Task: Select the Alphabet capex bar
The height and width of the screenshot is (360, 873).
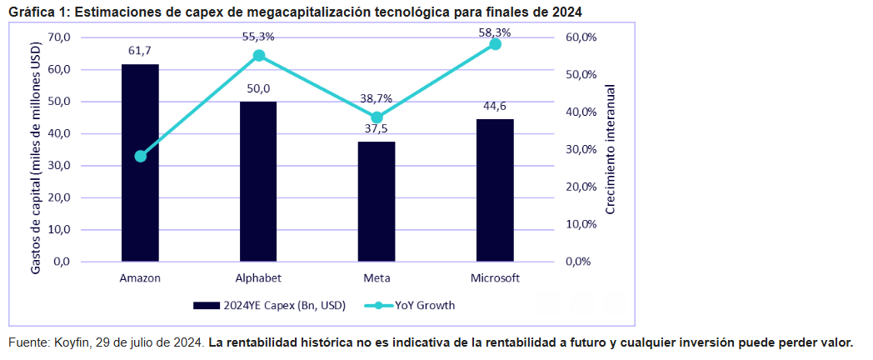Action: [x=258, y=182]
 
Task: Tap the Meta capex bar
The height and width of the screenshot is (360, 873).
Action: [x=377, y=202]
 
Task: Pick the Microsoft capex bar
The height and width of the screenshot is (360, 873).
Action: [x=495, y=190]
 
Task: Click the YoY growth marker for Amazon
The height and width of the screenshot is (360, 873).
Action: [x=140, y=156]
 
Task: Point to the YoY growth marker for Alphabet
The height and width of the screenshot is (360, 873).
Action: [x=258, y=56]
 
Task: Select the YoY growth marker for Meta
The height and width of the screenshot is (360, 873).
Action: [x=377, y=117]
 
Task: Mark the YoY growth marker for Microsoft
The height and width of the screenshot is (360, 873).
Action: [x=495, y=43]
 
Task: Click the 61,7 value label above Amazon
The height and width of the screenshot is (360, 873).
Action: [x=140, y=51]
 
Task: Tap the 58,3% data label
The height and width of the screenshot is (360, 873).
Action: [x=495, y=31]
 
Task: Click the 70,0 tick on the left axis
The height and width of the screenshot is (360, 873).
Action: [x=61, y=37]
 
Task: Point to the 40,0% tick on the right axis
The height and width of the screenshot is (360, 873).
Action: [x=581, y=112]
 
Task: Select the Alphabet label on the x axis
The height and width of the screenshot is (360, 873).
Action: [x=258, y=277]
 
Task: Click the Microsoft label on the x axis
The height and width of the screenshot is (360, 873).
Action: [x=495, y=277]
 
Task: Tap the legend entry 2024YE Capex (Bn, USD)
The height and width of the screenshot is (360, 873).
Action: [x=270, y=305]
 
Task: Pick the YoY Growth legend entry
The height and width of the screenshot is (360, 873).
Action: [x=413, y=305]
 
